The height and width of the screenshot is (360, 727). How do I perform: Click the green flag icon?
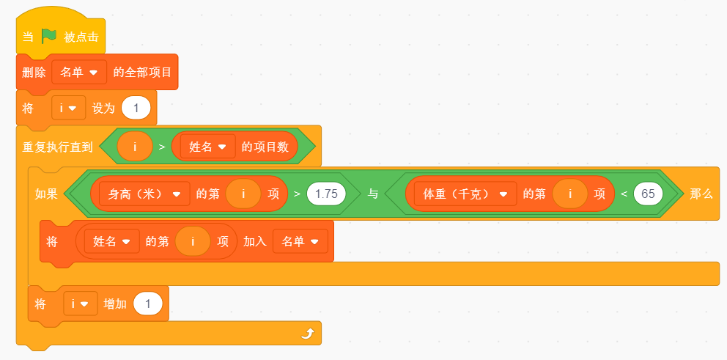click(x=48, y=36)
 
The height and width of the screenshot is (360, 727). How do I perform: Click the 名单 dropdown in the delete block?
click(x=79, y=73)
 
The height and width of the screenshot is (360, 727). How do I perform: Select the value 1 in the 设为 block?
click(x=136, y=108)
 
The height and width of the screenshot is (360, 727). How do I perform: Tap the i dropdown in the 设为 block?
click(x=68, y=108)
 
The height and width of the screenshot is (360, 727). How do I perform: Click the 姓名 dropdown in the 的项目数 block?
click(x=207, y=147)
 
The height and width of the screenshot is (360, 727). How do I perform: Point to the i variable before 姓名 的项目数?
click(x=135, y=147)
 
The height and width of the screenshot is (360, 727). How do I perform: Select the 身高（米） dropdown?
click(x=144, y=194)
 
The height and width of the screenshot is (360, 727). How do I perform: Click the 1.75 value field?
click(x=326, y=194)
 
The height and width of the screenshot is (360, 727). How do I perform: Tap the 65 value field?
click(x=648, y=194)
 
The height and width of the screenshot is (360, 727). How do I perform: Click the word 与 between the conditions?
click(x=373, y=194)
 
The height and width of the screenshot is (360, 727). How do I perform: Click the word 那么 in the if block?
click(x=701, y=194)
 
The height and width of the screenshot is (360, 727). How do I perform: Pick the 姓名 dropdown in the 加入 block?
click(x=111, y=241)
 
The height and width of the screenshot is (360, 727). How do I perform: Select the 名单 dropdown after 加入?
click(x=300, y=241)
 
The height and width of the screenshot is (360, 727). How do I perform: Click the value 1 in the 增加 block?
click(x=148, y=304)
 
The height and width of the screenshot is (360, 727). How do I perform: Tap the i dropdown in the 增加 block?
click(x=80, y=304)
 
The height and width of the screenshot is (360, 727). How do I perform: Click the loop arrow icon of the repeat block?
click(x=308, y=333)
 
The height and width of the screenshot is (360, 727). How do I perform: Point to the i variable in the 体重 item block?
click(x=570, y=194)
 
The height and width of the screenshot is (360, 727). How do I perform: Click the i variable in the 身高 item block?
click(x=243, y=194)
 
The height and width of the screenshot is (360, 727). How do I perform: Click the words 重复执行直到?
click(x=57, y=147)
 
